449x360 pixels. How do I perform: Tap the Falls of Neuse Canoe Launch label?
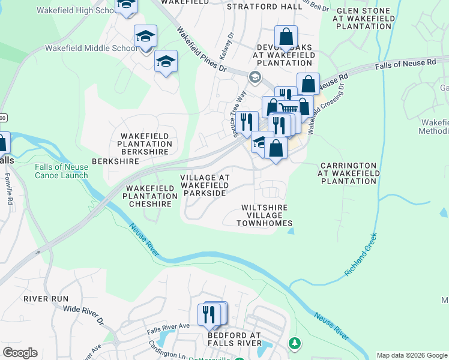click(x=61, y=171)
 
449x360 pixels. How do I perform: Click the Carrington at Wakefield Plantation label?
click(x=348, y=173)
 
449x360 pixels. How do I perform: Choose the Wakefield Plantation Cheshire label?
click(x=150, y=196)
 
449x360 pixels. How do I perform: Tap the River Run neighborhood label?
click(x=46, y=298)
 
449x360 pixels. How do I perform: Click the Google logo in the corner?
click(x=20, y=353)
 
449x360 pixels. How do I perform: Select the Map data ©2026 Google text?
click(x=411, y=355)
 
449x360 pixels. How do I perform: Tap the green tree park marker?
click(x=294, y=344)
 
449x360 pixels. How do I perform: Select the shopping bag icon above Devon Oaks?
click(x=286, y=37)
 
